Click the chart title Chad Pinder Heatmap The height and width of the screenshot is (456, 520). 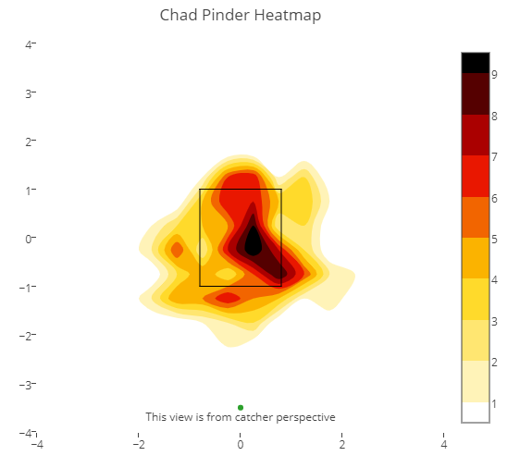pos(241,15)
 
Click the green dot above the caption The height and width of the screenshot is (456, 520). pos(241,407)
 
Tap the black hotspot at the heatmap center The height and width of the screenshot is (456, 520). pos(253,241)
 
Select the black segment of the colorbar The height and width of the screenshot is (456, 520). pos(476,63)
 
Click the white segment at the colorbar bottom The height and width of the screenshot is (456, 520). pos(476,413)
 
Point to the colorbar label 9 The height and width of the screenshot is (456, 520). pos(494,74)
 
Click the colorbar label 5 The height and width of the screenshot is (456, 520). pos(494,240)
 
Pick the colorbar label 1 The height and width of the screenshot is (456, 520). pos(494,404)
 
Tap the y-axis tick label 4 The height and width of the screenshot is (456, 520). pos(29,44)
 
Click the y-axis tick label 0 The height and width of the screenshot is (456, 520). pos(29,239)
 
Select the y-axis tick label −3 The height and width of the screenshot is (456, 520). pos(25,385)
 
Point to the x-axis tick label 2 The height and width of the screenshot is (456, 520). pos(342,444)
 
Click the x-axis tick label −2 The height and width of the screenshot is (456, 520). pos(139,444)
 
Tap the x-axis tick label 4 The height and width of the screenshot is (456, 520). pos(444,444)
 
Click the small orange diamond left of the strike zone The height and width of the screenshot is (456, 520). pos(177,250)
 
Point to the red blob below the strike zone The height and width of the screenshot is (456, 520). pos(228,298)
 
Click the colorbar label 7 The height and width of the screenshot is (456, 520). pos(494,156)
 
